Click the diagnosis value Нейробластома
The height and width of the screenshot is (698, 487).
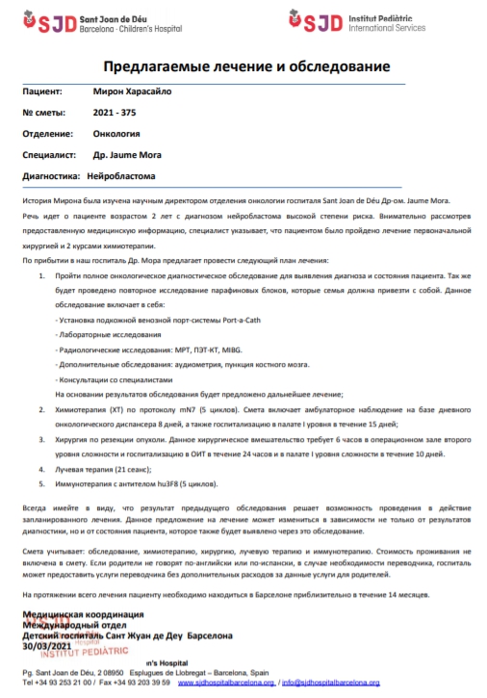point(122,176)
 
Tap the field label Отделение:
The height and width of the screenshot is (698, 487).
point(48,134)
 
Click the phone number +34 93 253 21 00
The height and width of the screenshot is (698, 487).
point(62,682)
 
